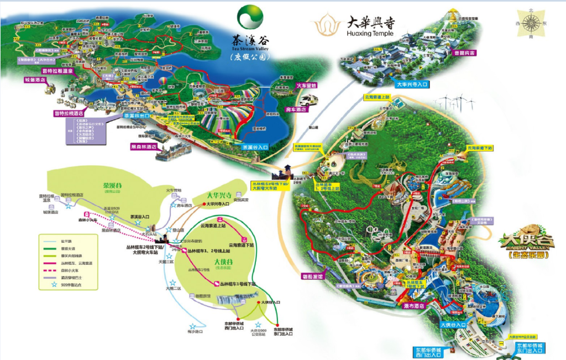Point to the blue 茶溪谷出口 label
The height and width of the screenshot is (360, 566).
(x=136, y=116)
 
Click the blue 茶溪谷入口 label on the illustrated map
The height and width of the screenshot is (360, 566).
(x=255, y=148)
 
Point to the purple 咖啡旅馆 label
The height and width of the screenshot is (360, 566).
(x=316, y=275)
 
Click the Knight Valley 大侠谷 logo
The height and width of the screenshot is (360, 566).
(x=527, y=244)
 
